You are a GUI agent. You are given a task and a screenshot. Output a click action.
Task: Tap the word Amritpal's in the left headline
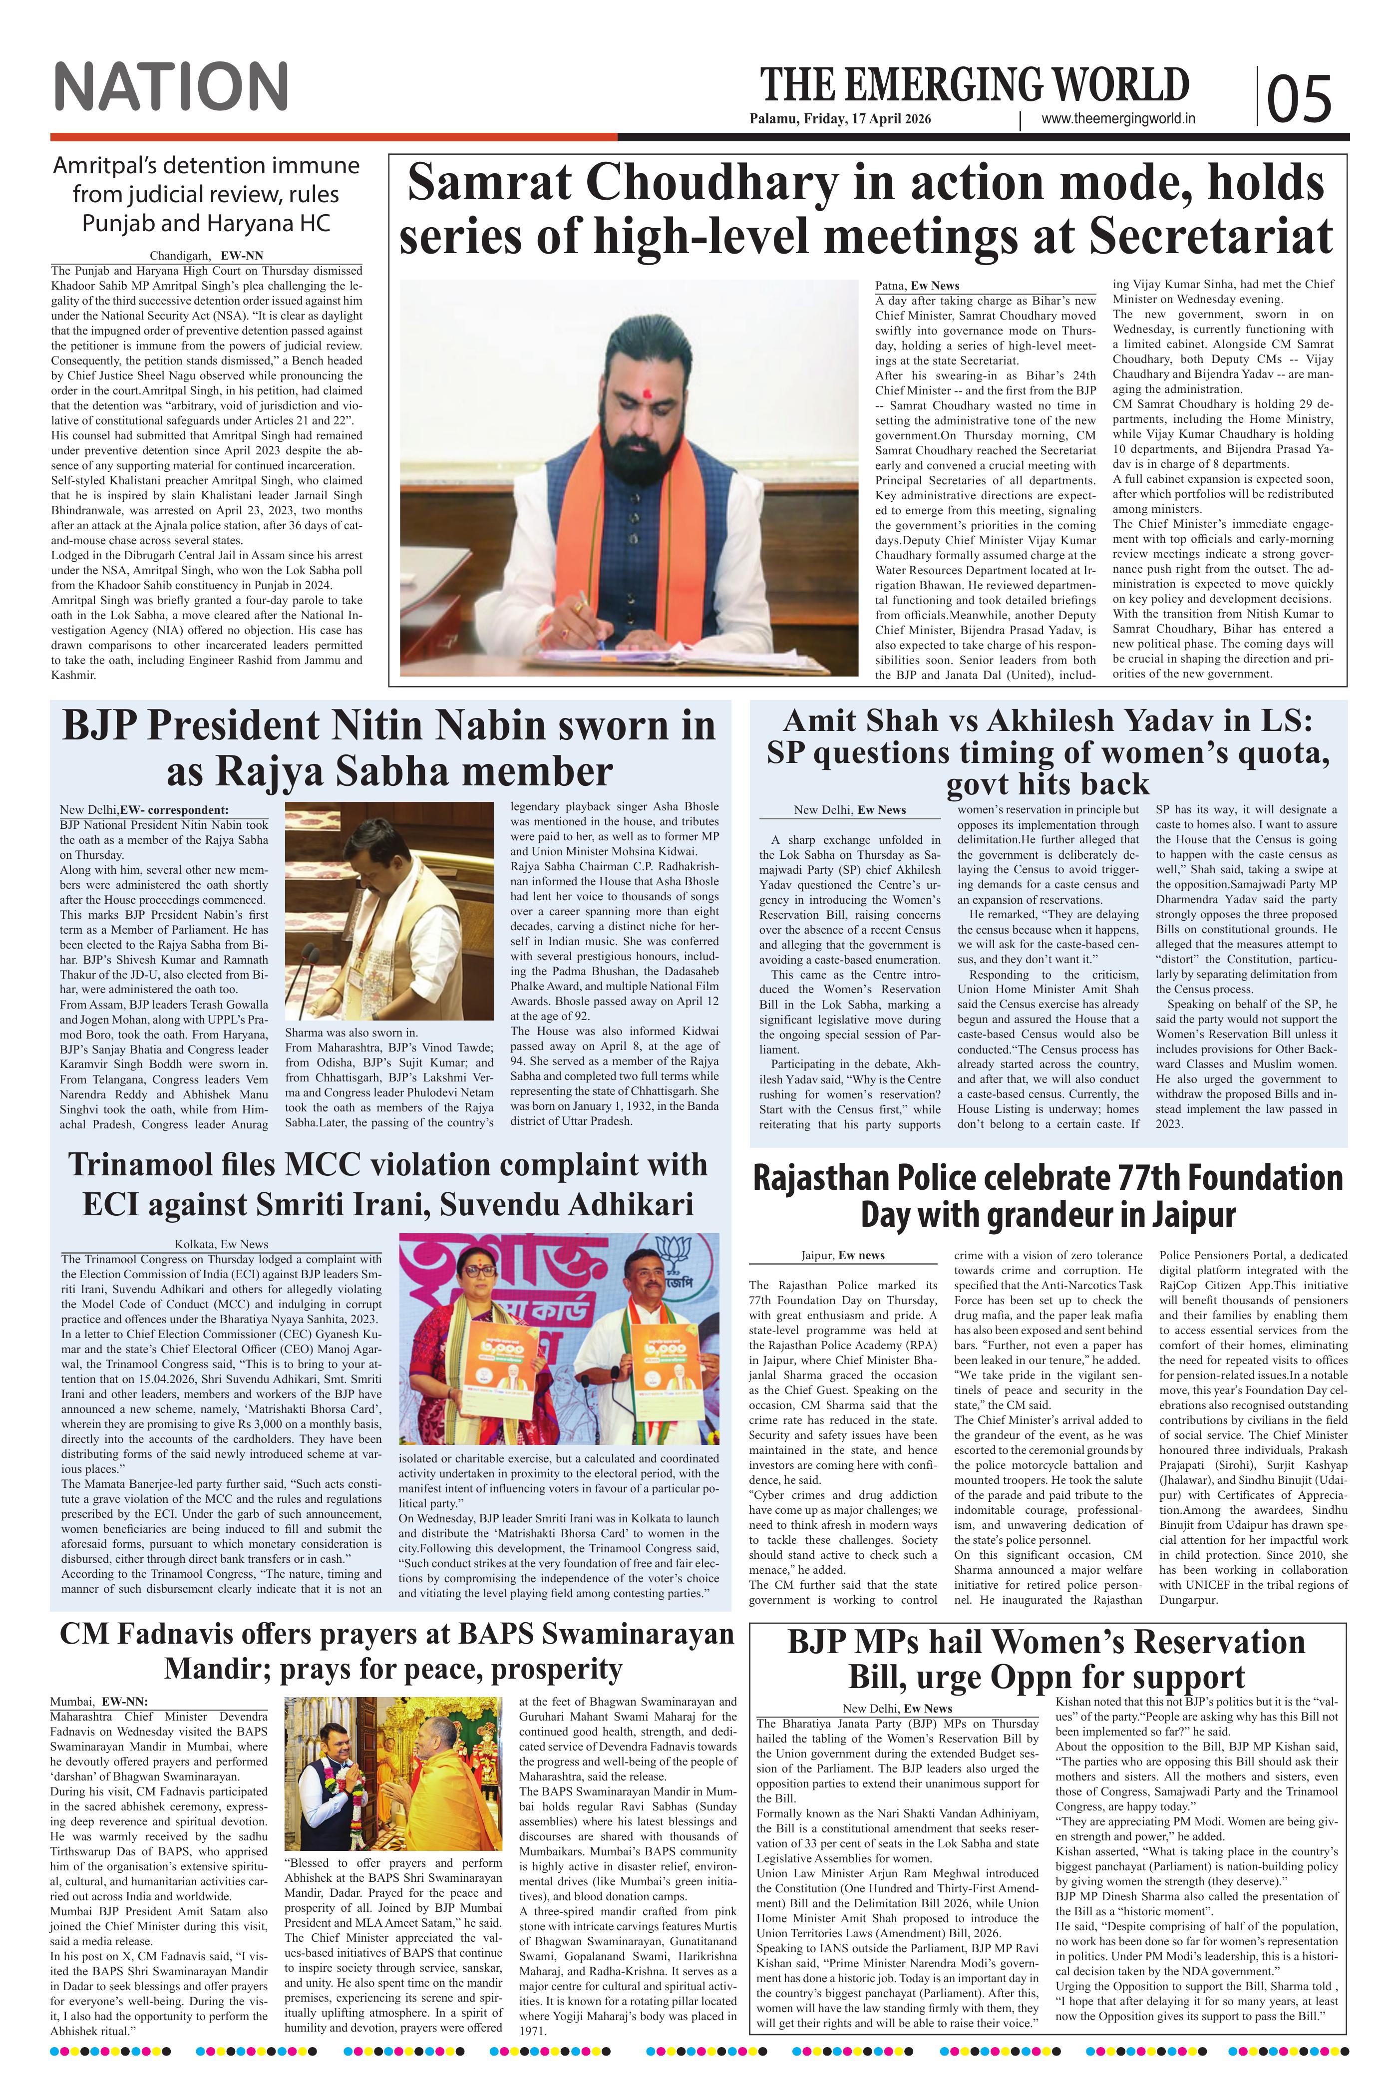105,166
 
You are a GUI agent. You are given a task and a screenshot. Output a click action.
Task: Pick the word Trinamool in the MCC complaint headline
152,1164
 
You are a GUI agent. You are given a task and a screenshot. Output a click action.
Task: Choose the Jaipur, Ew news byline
843,1255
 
